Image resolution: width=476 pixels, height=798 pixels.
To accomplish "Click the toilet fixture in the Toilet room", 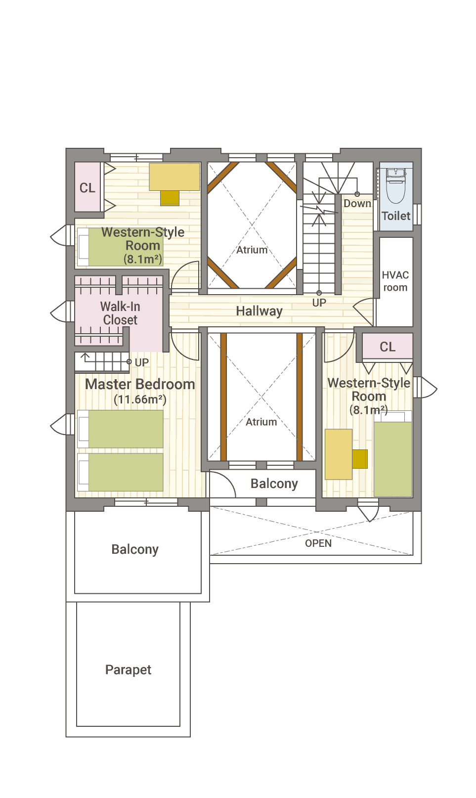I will click(395, 185).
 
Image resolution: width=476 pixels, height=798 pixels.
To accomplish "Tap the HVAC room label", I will click(395, 281).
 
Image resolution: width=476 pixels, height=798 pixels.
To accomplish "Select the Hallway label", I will click(259, 311).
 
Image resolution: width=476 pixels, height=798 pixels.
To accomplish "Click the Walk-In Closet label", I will click(120, 313).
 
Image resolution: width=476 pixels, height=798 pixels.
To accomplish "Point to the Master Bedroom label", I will click(140, 384).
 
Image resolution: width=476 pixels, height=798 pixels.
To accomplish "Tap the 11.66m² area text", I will click(140, 399).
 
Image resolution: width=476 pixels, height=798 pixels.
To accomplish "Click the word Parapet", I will click(128, 669).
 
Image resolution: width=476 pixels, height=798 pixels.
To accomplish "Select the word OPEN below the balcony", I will click(318, 543).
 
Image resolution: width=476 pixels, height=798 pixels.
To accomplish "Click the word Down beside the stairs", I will click(357, 203).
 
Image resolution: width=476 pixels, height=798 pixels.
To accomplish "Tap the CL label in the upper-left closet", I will click(87, 188).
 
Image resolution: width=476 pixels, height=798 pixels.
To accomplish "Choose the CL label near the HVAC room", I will click(388, 347).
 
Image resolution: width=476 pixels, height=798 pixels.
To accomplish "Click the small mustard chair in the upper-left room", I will click(170, 198).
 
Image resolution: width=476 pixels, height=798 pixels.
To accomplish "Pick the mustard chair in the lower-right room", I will click(360, 459).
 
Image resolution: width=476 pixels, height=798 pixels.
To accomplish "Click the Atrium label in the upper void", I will click(252, 250).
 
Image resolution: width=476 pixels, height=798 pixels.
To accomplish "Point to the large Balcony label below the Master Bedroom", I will click(135, 549).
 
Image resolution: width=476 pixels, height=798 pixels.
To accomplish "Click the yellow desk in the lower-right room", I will click(338, 454).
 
